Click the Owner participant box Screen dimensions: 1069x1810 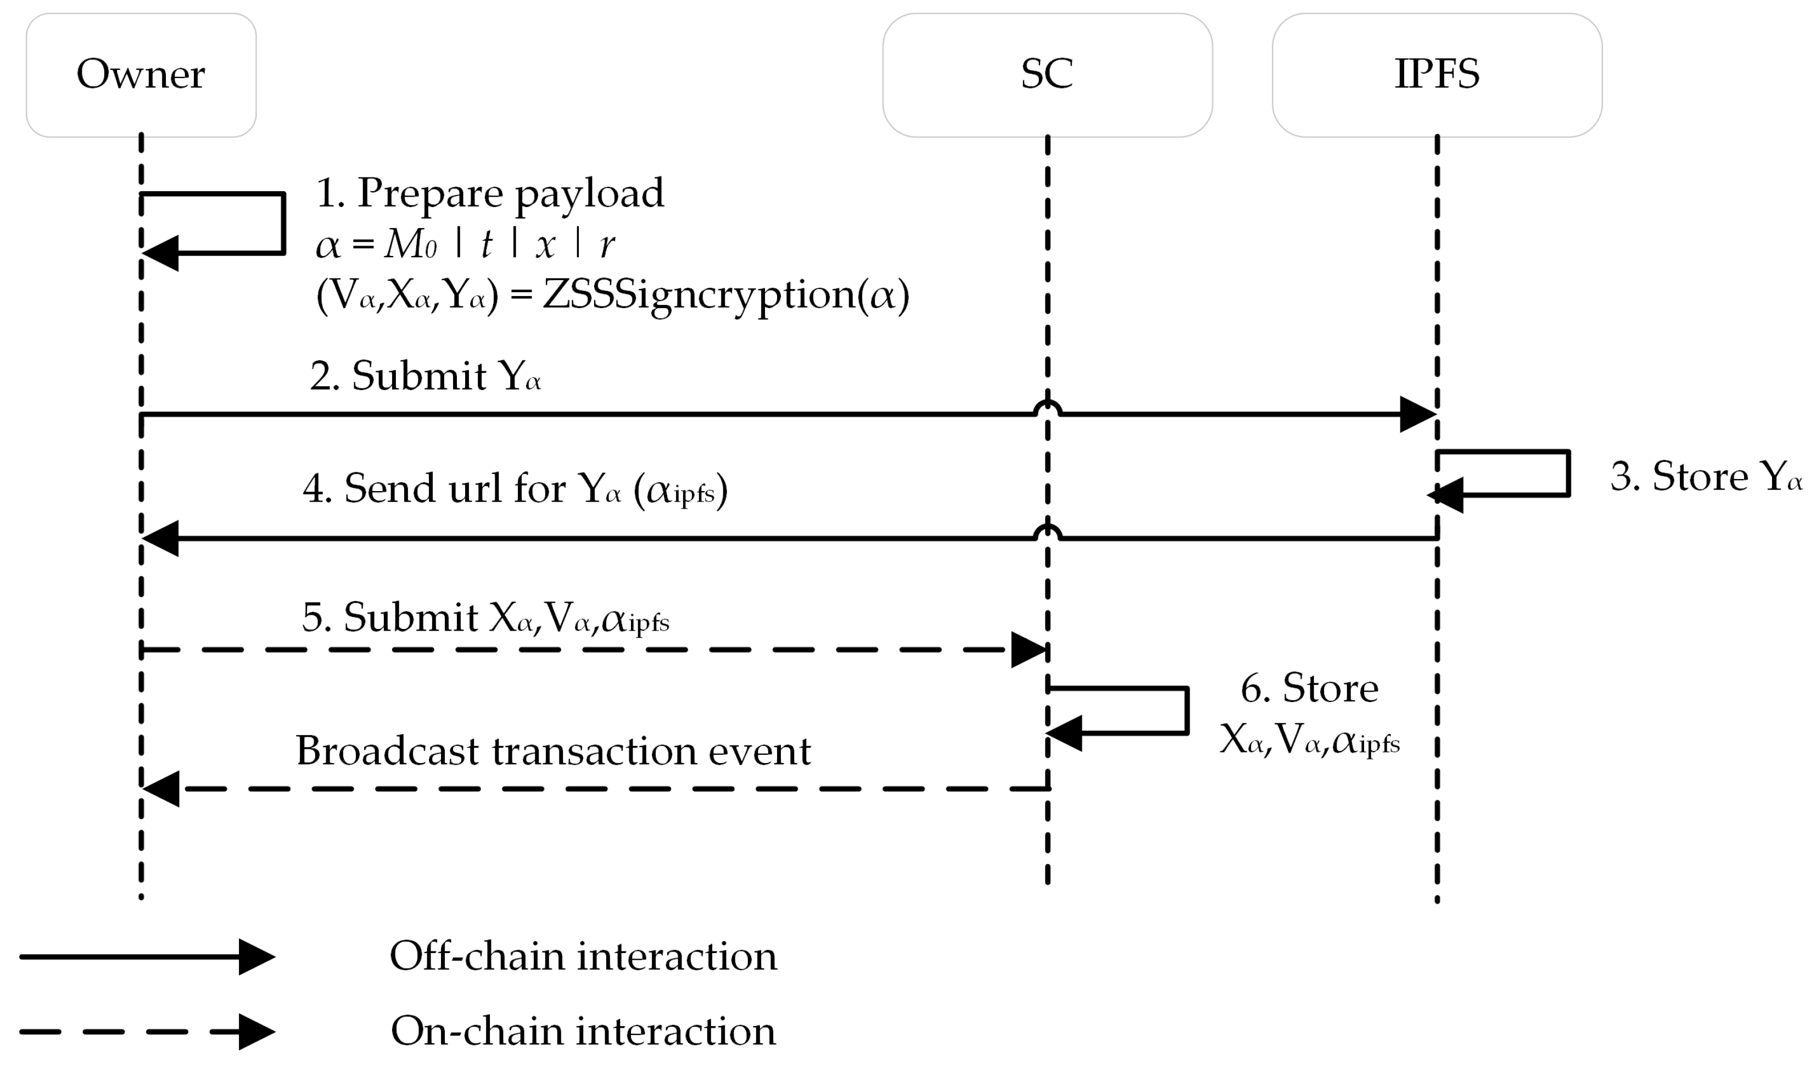141,75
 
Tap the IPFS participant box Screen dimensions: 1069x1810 1437,75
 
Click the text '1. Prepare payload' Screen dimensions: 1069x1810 490,193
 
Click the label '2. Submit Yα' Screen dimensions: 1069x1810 425,377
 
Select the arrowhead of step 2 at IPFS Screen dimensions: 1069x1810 1417,414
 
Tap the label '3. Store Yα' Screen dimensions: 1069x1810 1705,477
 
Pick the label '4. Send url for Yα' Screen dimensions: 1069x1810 515,489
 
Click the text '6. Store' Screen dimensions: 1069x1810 1309,689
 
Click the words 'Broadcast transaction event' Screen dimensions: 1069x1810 553,751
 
